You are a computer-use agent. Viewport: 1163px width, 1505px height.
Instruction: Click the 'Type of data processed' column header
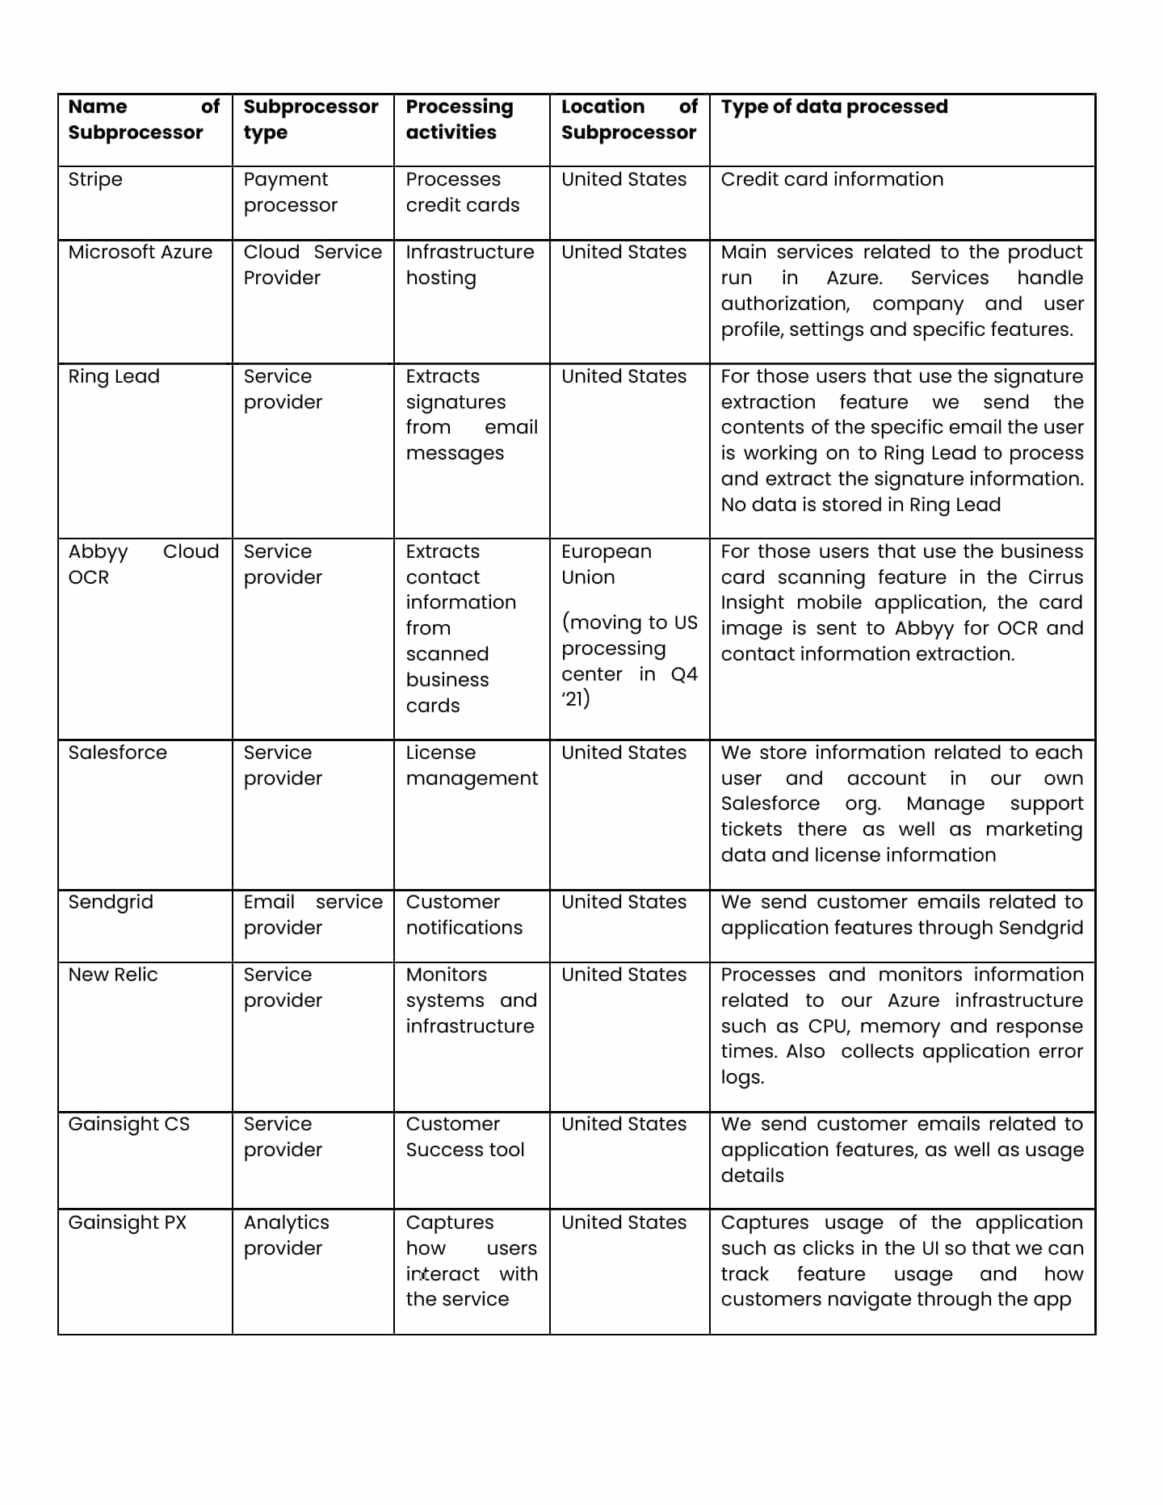coord(833,107)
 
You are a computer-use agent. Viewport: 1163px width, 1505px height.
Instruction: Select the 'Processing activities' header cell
coord(459,119)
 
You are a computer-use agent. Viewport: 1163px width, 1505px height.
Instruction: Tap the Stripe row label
coord(95,179)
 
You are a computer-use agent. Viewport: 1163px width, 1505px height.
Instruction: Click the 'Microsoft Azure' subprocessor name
coord(141,252)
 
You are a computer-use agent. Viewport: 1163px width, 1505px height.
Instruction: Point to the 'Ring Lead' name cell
coord(114,376)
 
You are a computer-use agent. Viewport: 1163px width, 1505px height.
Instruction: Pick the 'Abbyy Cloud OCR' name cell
coord(143,564)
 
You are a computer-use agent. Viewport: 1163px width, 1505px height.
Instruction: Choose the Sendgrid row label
coord(111,902)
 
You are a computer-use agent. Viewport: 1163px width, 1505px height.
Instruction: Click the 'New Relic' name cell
coord(113,975)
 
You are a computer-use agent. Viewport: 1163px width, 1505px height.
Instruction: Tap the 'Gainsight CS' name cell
coord(129,1124)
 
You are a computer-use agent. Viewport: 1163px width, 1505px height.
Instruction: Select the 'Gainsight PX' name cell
coord(128,1222)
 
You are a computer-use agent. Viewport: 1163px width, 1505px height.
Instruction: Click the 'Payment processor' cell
coord(290,192)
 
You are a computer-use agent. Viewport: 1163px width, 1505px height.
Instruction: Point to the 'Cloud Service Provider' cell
coord(313,265)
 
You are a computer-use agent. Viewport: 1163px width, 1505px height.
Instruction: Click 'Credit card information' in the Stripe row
coord(832,179)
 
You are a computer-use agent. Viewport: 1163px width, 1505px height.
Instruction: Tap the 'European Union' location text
coord(606,564)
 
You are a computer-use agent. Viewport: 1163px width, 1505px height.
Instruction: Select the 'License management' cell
coord(471,765)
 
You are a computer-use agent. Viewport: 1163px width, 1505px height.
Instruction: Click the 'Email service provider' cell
coord(313,915)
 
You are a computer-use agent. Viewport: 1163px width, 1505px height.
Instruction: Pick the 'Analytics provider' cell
coord(286,1235)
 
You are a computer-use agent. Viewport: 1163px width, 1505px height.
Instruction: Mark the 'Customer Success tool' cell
coord(464,1137)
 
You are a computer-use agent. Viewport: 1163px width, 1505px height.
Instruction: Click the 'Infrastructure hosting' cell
coord(469,265)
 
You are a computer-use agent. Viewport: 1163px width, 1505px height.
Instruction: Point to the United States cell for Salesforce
coord(623,752)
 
